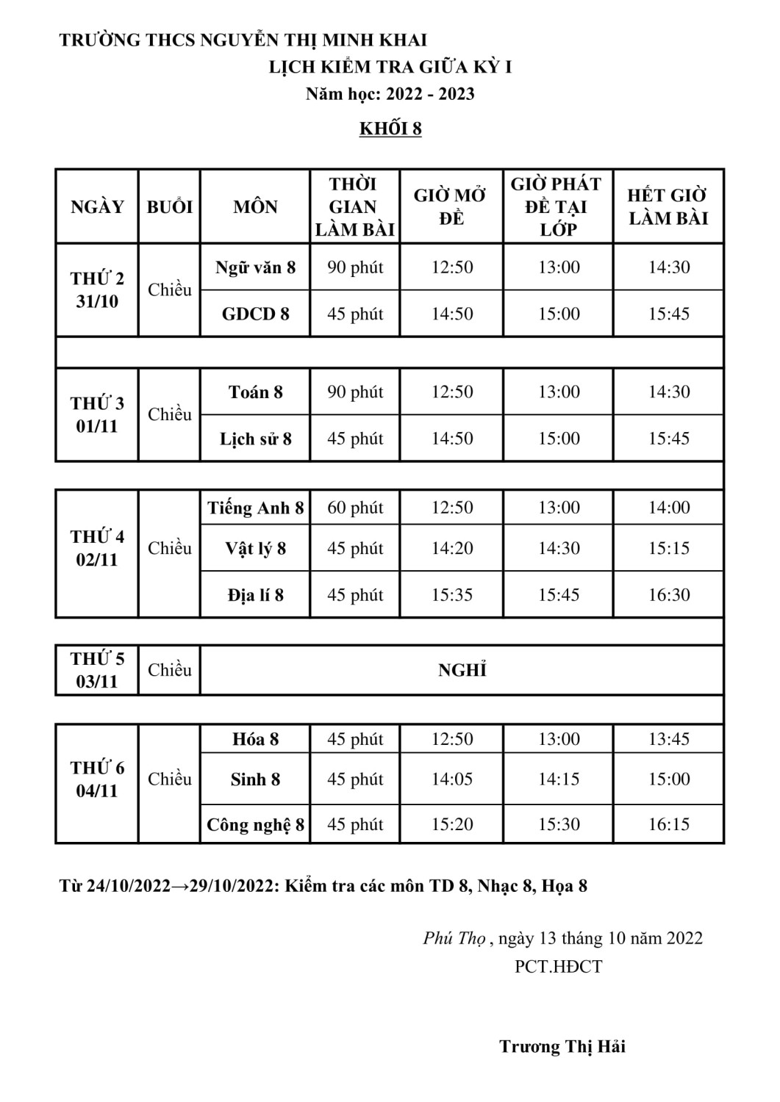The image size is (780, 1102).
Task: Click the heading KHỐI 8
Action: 390,129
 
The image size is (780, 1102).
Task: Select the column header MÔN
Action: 255,206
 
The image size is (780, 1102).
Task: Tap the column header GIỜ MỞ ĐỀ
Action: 450,206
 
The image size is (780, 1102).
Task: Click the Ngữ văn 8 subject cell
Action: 255,267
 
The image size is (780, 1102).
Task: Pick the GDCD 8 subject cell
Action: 255,314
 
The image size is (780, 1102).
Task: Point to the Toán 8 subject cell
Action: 255,392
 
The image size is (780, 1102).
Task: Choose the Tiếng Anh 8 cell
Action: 255,508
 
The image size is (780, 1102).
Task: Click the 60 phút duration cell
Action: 355,508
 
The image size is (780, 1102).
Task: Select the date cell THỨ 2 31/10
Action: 97,289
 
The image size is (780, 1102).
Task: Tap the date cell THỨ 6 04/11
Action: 97,779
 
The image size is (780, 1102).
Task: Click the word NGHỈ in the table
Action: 462,670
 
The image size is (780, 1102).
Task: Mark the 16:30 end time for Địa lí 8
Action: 668,594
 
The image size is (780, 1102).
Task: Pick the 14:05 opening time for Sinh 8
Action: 451,779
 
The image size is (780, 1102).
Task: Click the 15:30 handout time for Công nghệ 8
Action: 559,824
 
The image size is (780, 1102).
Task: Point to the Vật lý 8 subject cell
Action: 255,548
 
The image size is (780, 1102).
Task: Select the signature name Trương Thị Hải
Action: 562,1046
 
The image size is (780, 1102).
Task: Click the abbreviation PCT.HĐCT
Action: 558,966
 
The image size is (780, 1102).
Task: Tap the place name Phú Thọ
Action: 454,938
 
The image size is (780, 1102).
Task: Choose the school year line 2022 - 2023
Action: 390,94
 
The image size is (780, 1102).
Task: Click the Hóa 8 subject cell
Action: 255,739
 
